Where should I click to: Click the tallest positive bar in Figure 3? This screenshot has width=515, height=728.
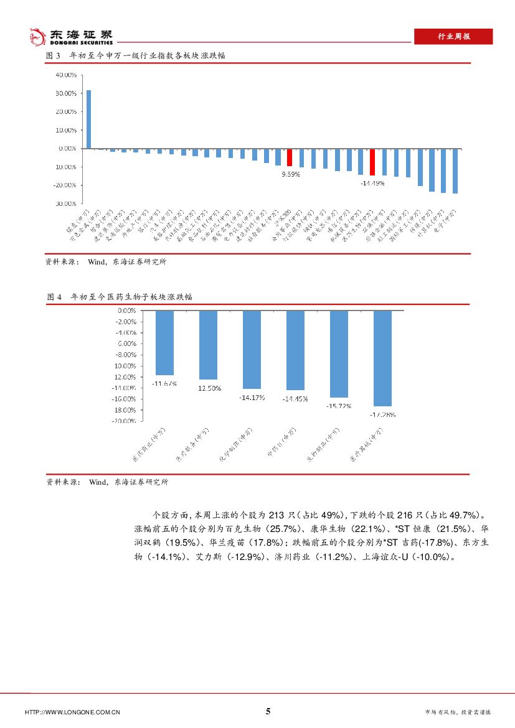pos(88,119)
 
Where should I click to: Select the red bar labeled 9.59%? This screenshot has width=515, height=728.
pos(290,157)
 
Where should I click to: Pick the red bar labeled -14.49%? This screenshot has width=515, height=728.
pos(372,162)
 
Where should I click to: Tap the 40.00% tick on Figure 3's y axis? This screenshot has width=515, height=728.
pos(66,75)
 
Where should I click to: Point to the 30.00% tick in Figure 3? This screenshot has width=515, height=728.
pos(66,93)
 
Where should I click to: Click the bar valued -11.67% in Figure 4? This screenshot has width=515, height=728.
pos(164,342)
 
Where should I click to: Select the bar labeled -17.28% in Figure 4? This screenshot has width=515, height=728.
pos(382,358)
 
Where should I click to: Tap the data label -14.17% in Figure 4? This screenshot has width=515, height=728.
pos(252,397)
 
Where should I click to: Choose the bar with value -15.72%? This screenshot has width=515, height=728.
pos(339,353)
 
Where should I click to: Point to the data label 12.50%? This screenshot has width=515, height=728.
pos(209,388)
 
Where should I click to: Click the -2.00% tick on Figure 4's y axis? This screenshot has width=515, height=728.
pos(126,321)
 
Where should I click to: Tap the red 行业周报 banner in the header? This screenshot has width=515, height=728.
pos(453,37)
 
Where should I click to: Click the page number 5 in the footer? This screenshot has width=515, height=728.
pos(268,711)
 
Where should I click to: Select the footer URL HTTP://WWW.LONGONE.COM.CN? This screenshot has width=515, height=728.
pos(72,712)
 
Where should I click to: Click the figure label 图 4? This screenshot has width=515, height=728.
pos(54,297)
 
